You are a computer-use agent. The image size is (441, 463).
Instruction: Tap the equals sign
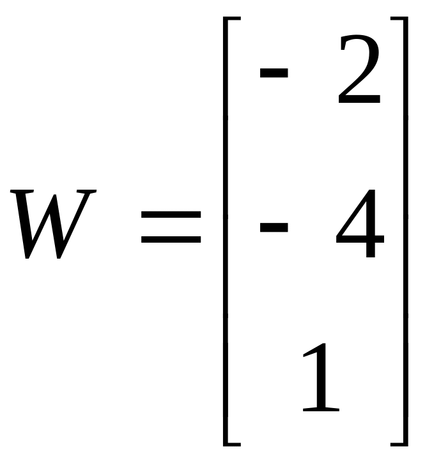tap(171, 228)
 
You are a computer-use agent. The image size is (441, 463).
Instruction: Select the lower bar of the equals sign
tap(171, 241)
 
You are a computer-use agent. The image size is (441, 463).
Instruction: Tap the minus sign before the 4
tap(273, 227)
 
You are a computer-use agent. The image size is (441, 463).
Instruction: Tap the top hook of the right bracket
tap(398, 20)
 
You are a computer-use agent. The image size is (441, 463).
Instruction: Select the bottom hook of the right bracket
tap(398, 443)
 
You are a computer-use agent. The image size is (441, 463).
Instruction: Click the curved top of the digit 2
tap(359, 42)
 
